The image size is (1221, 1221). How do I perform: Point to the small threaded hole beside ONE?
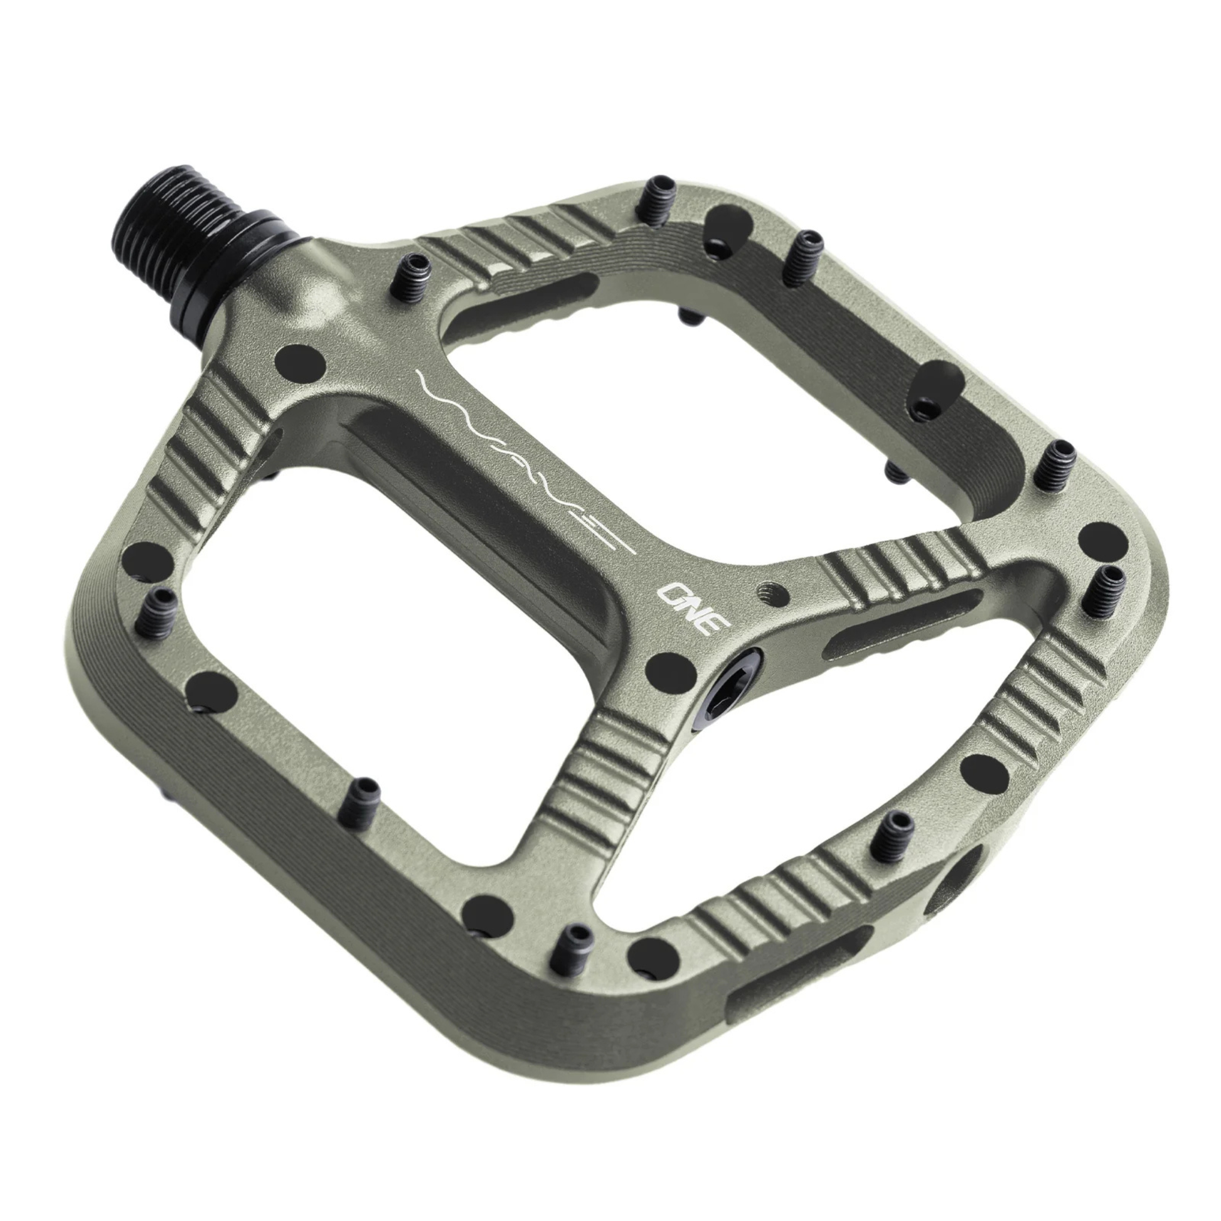(773, 594)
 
